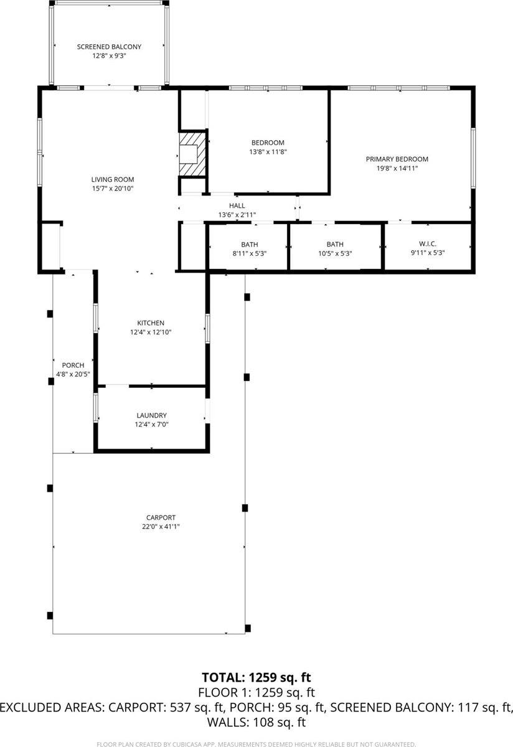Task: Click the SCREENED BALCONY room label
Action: [x=109, y=47]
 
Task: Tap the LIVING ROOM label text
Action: [x=113, y=179]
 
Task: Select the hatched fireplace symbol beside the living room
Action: [x=191, y=153]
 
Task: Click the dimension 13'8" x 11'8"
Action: [x=268, y=151]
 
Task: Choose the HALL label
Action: [x=237, y=205]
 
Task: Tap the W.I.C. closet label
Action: [x=427, y=245]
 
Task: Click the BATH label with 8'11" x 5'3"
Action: [x=249, y=245]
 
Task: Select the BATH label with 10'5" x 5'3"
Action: [x=335, y=245]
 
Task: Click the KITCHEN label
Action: [x=151, y=323]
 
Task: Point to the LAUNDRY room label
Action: [x=151, y=415]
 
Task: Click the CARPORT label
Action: [x=161, y=517]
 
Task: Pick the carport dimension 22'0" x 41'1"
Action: [x=161, y=527]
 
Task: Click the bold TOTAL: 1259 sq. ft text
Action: [x=256, y=677]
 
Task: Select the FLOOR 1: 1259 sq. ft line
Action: [x=256, y=692]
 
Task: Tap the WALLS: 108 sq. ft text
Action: [x=256, y=723]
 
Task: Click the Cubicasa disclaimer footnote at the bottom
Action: [x=256, y=744]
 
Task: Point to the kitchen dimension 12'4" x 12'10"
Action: [x=151, y=332]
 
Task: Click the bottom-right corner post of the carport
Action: [x=248, y=627]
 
